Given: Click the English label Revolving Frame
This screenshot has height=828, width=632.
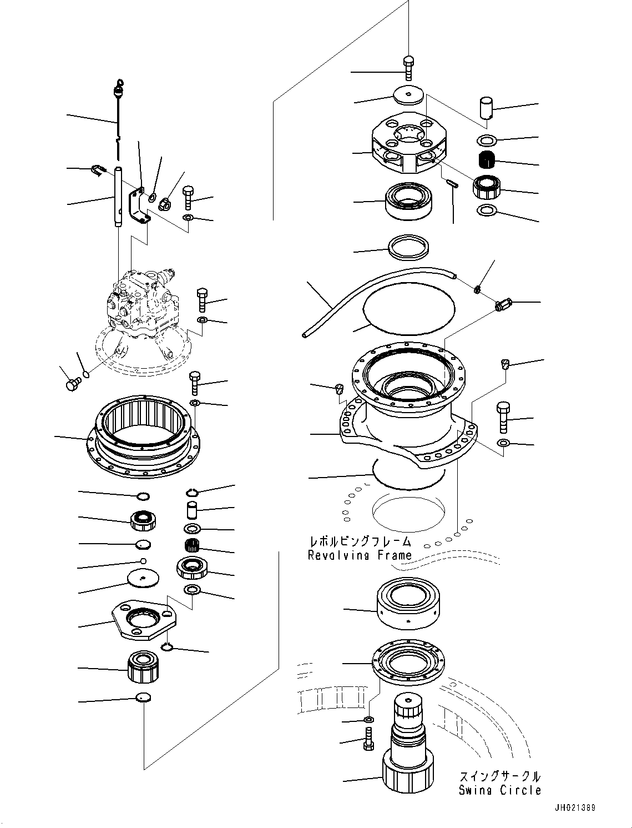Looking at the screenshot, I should click(360, 555).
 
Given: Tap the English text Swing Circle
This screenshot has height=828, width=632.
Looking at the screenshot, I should click(499, 790).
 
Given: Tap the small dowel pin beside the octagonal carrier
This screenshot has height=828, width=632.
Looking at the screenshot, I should click(451, 184).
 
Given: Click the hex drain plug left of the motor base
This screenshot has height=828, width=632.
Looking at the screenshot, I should click(72, 384).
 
